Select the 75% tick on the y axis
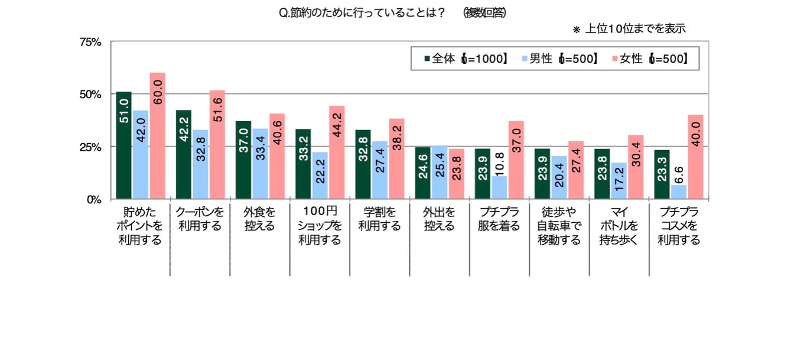pos(91,42)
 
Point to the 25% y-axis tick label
pos(91,147)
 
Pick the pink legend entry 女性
pos(650,58)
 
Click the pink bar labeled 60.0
pos(158,136)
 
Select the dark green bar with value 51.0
pos(124,145)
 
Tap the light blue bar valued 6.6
pos(679,192)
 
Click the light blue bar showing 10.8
pos(500,187)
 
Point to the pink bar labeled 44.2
pos(337,153)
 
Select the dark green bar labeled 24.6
pos(423,173)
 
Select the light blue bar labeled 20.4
pos(559,177)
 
